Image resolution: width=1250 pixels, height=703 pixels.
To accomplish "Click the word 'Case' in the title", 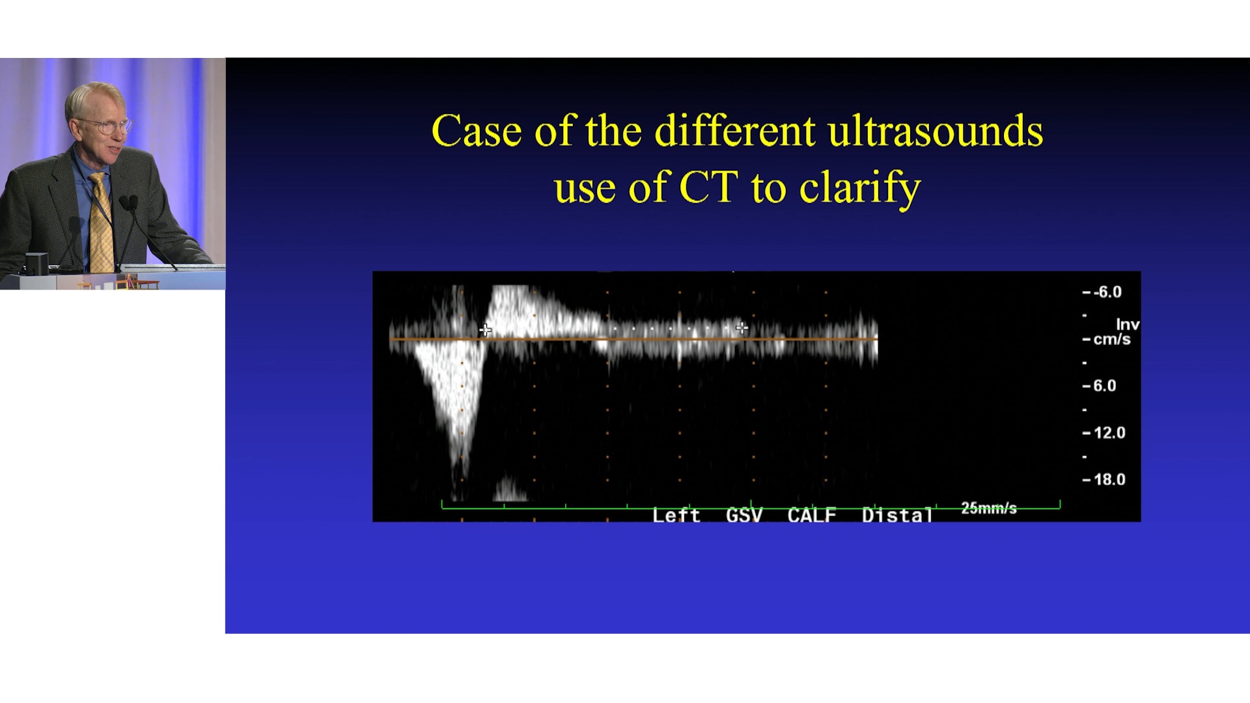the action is [477, 131].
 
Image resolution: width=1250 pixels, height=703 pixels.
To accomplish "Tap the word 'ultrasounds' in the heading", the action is [936, 131].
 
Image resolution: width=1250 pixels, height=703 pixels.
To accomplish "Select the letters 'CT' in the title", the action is [708, 187].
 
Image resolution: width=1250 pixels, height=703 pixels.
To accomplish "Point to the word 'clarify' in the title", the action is [860, 189].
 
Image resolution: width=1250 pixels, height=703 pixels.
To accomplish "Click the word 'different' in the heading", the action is [734, 131].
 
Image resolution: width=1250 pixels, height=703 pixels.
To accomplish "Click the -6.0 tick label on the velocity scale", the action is [1107, 292].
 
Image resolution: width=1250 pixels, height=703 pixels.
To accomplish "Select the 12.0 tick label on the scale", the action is [1109, 433].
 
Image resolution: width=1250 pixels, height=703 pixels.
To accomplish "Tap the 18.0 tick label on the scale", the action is [1109, 480].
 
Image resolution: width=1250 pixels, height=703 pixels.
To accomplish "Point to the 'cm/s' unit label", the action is [1112, 340].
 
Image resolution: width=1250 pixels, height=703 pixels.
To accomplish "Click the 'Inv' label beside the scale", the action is [1128, 325].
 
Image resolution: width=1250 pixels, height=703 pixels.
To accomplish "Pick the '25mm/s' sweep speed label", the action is [989, 508].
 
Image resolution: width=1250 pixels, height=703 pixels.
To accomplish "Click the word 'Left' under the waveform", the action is [676, 516].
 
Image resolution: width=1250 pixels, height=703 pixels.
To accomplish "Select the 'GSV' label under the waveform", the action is [744, 516].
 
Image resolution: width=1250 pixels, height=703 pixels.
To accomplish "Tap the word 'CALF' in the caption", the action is [812, 516].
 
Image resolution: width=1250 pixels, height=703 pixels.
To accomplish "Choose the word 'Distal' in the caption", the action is [898, 516].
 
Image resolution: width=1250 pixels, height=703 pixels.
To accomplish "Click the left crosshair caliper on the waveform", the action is [486, 330].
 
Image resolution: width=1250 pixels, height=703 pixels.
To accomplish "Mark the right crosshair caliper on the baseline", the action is [742, 328].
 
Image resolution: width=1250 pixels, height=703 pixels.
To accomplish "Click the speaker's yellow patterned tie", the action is [102, 222].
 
